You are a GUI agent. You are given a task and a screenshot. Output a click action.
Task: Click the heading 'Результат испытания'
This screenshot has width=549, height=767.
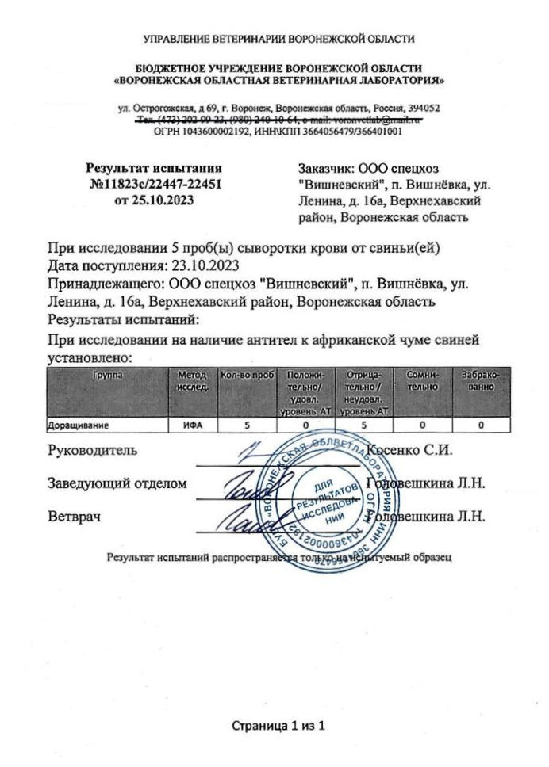[x=153, y=168]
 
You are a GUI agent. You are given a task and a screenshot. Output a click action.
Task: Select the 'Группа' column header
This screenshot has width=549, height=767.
[x=106, y=374]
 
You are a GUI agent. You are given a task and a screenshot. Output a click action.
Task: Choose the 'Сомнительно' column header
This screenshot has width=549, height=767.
[x=422, y=380]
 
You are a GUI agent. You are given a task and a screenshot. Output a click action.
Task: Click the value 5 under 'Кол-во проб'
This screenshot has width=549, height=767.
[x=246, y=425]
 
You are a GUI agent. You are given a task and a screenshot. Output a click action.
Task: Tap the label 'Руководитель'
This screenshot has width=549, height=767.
[x=94, y=451]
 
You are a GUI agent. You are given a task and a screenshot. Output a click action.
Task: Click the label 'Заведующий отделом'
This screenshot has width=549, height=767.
[x=118, y=483]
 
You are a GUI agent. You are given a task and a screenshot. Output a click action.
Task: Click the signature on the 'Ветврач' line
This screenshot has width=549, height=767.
[x=237, y=518]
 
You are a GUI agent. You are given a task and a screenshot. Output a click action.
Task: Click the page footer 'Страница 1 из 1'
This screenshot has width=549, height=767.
[x=278, y=726]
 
